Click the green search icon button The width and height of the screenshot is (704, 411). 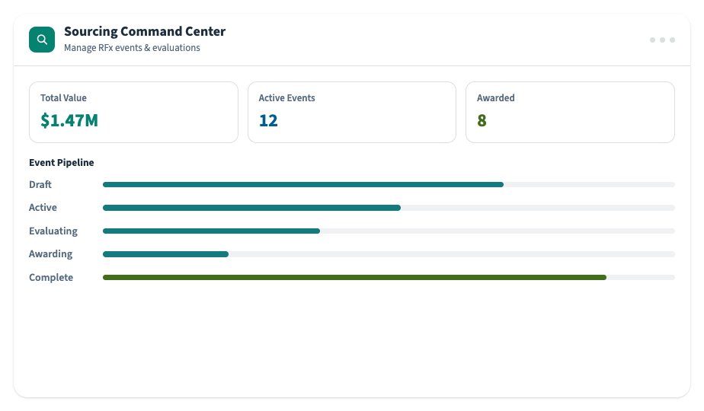tap(42, 40)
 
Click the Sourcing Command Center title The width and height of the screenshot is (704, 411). tap(145, 31)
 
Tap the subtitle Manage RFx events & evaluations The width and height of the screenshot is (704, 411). tap(132, 47)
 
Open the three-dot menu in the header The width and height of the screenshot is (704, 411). tap(662, 40)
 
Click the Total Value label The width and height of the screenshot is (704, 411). tap(63, 98)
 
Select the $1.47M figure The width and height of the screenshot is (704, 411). tap(69, 120)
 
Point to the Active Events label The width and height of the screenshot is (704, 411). tap(287, 98)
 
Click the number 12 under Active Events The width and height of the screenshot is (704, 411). tap(268, 120)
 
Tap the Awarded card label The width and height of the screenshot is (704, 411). tap(496, 98)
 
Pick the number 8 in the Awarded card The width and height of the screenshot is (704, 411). tap(482, 120)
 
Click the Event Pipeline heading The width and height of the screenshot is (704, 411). tap(62, 162)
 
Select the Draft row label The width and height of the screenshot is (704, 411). tap(40, 184)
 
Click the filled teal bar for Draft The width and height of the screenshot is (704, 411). tap(303, 184)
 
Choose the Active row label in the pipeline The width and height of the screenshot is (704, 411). tap(43, 207)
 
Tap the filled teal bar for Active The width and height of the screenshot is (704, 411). tap(252, 208)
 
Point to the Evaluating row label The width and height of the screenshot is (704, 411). tap(53, 231)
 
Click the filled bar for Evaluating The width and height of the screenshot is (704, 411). tap(212, 231)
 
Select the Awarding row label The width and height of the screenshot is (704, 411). tap(51, 254)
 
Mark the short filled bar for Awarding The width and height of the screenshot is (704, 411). tap(165, 254)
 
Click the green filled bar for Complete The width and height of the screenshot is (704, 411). tap(355, 277)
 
